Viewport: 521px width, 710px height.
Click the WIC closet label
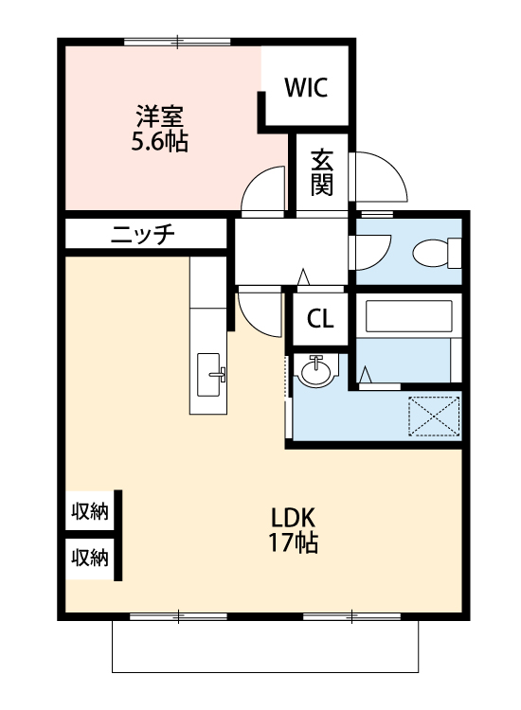click(306, 88)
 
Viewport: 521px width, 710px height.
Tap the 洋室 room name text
click(158, 117)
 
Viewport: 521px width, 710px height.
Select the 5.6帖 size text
click(158, 143)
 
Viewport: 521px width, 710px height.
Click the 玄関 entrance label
click(322, 171)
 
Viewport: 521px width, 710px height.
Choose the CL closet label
click(320, 319)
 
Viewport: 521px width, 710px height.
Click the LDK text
click(293, 518)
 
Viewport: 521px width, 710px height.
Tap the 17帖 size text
click(293, 543)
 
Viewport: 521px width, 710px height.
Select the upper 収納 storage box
click(90, 513)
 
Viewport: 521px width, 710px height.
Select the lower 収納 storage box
click(90, 558)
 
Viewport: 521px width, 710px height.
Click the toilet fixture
click(438, 254)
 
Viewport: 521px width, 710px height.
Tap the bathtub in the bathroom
click(407, 316)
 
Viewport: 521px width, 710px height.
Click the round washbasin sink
click(315, 369)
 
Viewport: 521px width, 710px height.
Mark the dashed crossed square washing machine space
click(434, 417)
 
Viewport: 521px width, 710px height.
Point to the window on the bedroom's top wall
click(177, 41)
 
